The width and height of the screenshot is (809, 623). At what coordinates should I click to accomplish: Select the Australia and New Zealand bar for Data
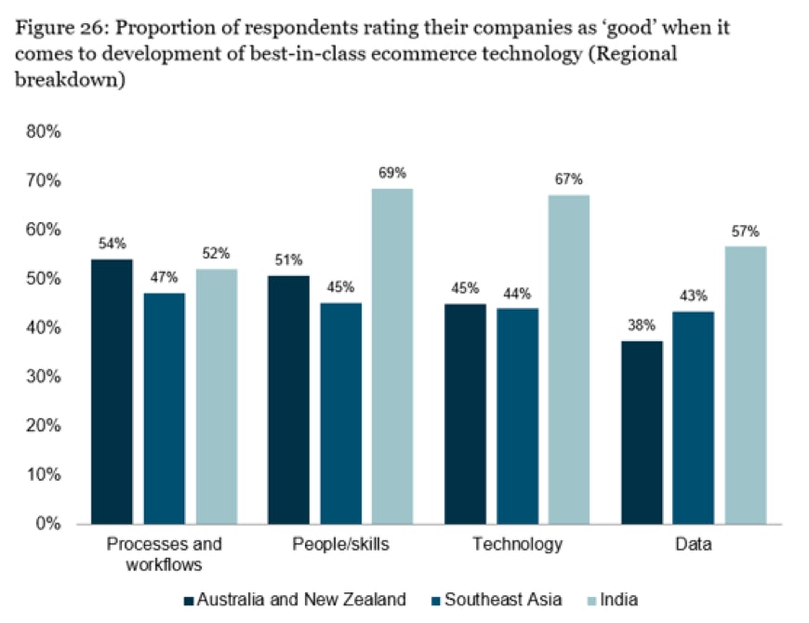(640, 431)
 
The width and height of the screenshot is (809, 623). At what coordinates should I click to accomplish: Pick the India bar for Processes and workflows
(217, 396)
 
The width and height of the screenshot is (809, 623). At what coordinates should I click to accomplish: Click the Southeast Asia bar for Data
(693, 418)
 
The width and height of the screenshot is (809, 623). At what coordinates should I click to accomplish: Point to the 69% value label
(392, 174)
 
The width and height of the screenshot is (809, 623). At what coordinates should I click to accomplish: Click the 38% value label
(640, 325)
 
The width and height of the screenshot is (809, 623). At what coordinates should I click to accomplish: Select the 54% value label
(112, 244)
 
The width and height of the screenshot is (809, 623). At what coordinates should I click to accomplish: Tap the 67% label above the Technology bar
(568, 179)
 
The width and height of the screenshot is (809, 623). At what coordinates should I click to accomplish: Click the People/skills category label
(340, 545)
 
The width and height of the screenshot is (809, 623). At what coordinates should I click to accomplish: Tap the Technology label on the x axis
(518, 545)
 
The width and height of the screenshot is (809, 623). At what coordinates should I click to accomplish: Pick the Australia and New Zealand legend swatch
(189, 600)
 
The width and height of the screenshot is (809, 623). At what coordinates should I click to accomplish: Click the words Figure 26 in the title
(57, 29)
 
